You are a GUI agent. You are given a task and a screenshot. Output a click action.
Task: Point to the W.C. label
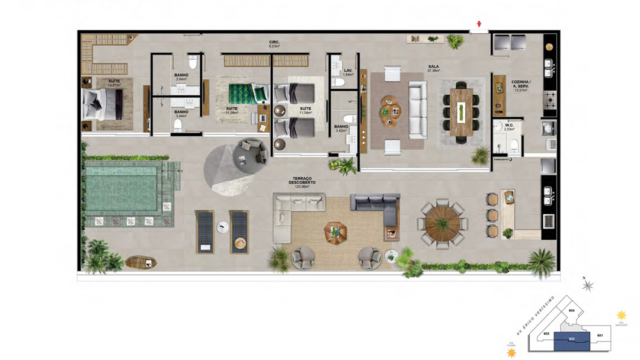[510, 127]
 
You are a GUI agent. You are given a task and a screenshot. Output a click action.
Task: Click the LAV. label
[348, 72]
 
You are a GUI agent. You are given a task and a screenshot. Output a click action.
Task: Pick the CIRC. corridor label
[272, 45]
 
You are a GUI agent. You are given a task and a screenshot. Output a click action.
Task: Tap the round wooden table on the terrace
[440, 221]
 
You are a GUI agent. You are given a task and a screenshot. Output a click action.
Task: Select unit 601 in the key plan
[599, 335]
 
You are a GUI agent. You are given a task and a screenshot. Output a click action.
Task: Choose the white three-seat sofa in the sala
[416, 104]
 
